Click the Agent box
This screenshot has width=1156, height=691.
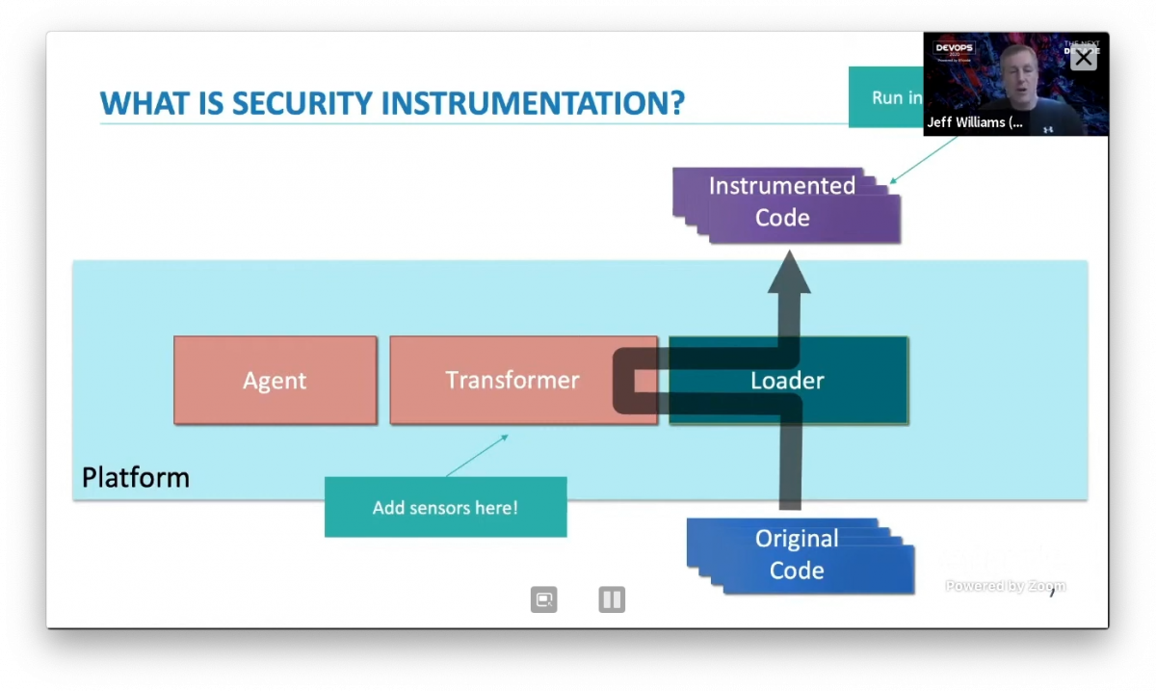275,381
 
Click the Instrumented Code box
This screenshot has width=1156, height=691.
782,201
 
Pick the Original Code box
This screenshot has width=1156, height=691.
797,554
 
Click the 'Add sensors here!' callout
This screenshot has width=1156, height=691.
445,507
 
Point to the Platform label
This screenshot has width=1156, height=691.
136,477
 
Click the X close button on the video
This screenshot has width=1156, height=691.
1084,58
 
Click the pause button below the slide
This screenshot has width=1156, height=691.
612,599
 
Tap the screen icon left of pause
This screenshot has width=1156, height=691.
543,599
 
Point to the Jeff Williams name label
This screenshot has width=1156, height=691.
975,122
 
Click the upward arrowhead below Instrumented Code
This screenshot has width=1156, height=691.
789,274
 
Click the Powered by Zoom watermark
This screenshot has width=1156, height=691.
1005,586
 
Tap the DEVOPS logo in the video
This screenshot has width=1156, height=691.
955,50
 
